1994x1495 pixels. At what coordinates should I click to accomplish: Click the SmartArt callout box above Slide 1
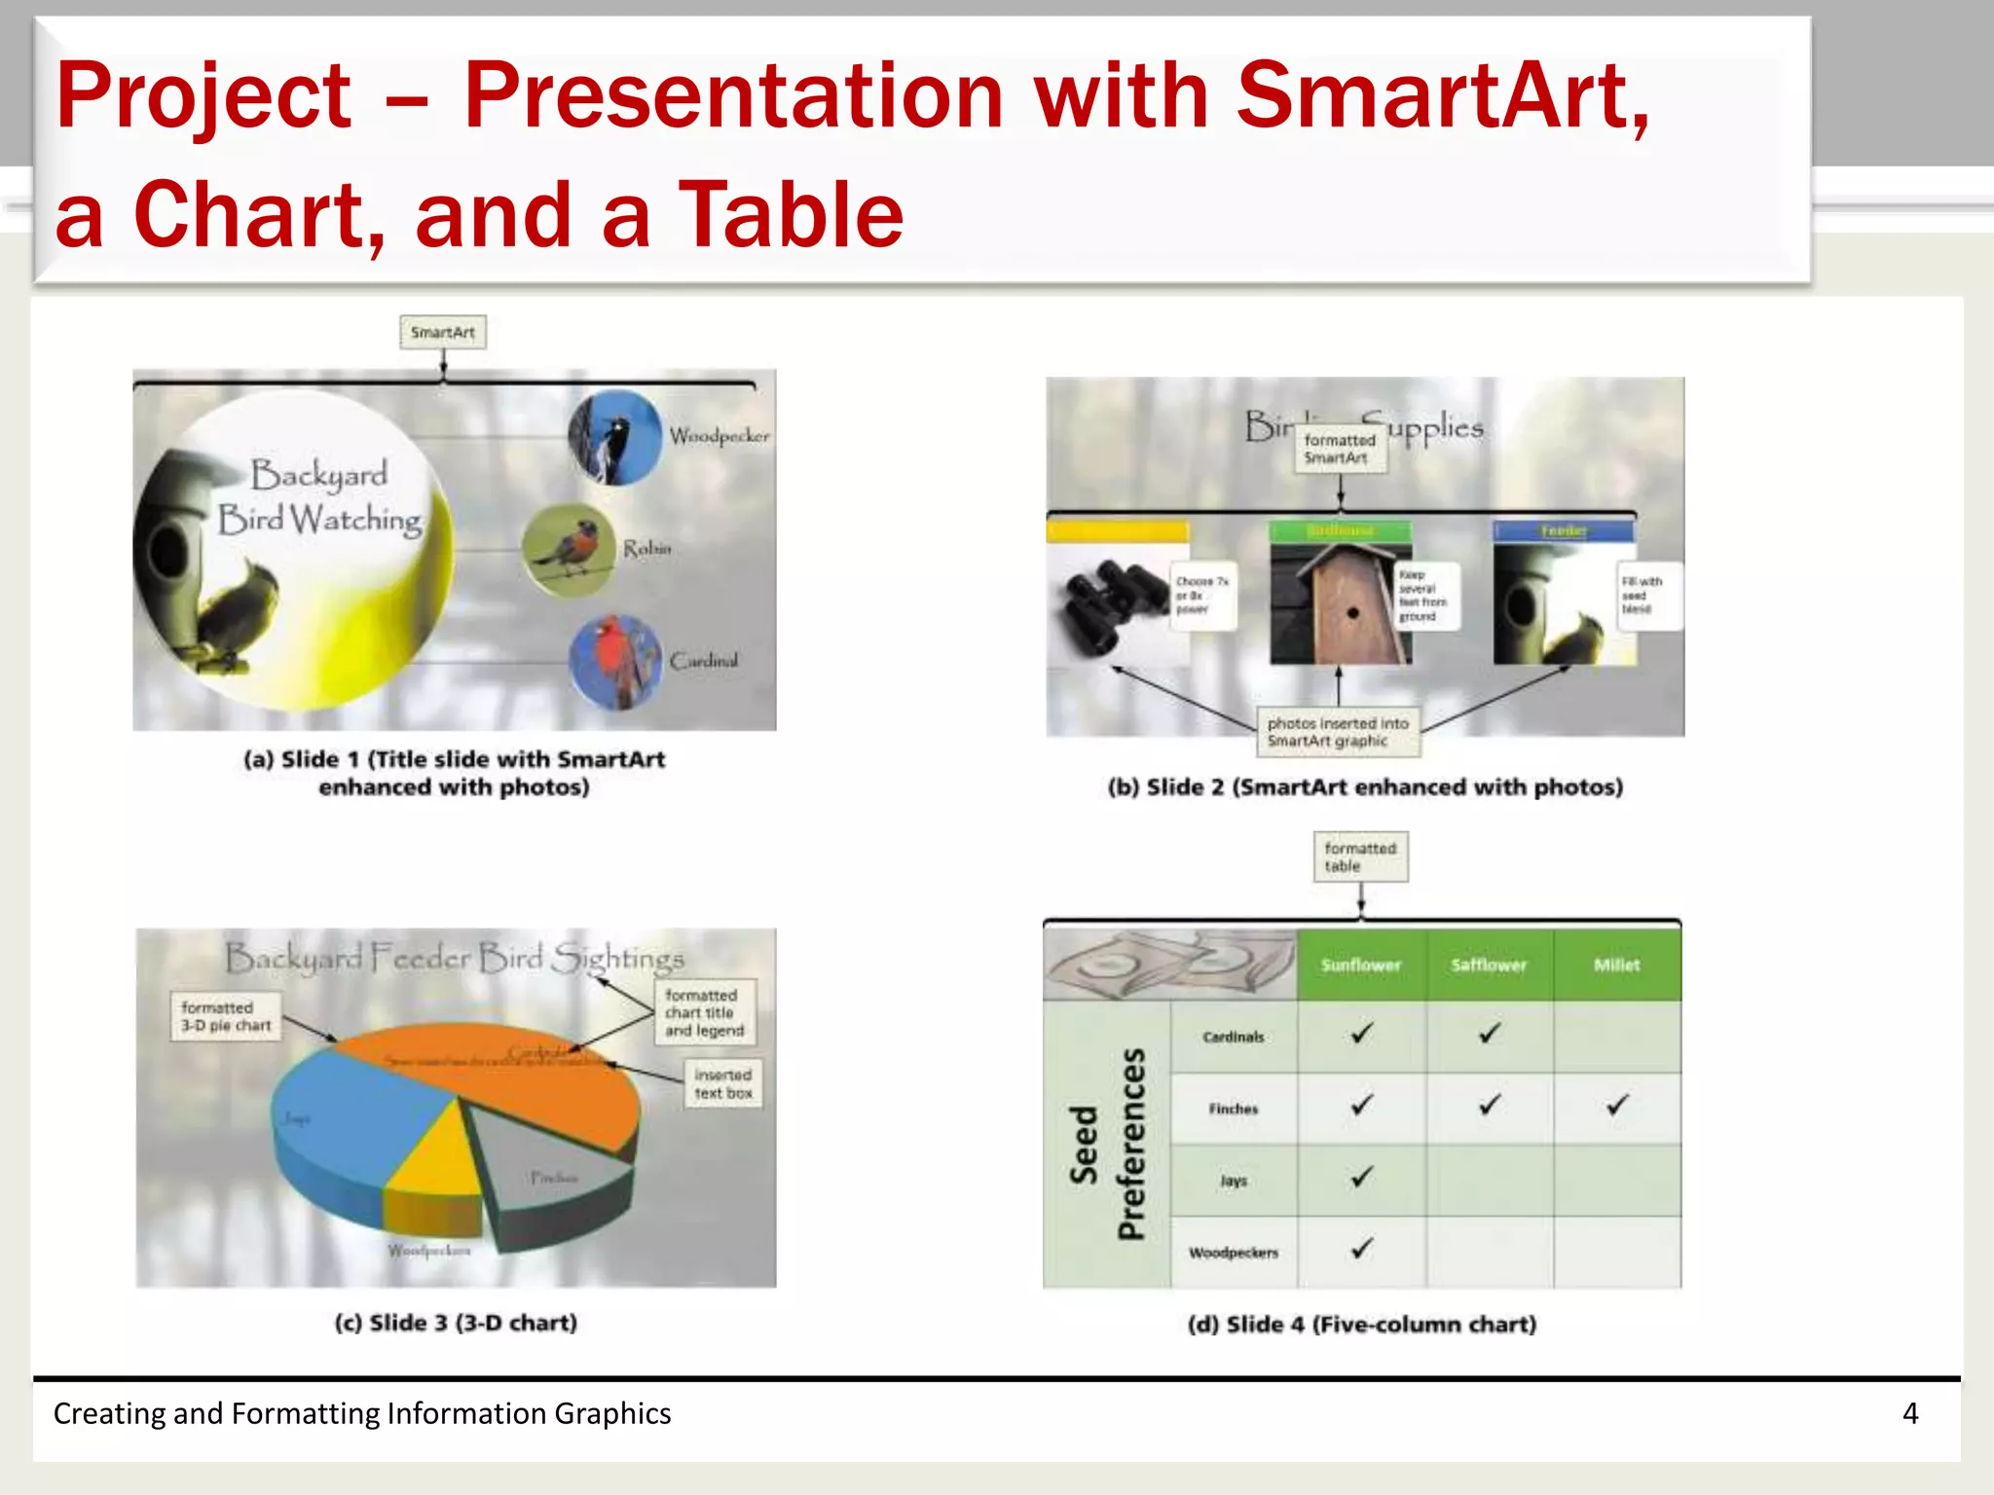[442, 332]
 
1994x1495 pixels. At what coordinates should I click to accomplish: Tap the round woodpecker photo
[614, 438]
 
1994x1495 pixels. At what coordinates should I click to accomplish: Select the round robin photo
[569, 550]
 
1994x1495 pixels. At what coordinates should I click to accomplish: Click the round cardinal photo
[615, 662]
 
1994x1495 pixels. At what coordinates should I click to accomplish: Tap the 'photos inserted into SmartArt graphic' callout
[1338, 732]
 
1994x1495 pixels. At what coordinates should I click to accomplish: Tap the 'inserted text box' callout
[722, 1083]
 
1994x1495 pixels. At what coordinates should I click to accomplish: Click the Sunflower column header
[1360, 965]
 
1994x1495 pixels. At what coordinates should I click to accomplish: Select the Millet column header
[1616, 965]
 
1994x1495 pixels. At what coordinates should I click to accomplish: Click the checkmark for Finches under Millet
[1616, 1106]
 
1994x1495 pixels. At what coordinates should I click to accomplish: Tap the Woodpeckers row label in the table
[1233, 1253]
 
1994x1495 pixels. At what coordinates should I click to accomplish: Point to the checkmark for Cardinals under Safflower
[1489, 1034]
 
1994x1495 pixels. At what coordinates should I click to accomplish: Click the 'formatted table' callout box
[1360, 857]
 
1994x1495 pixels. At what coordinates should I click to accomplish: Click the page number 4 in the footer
[1909, 1413]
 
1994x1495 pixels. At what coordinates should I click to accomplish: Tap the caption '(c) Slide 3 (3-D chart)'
[456, 1323]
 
